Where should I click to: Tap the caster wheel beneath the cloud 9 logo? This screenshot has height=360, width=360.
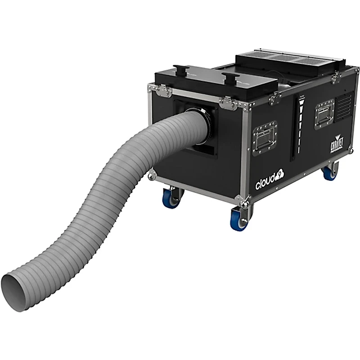point(237,220)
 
